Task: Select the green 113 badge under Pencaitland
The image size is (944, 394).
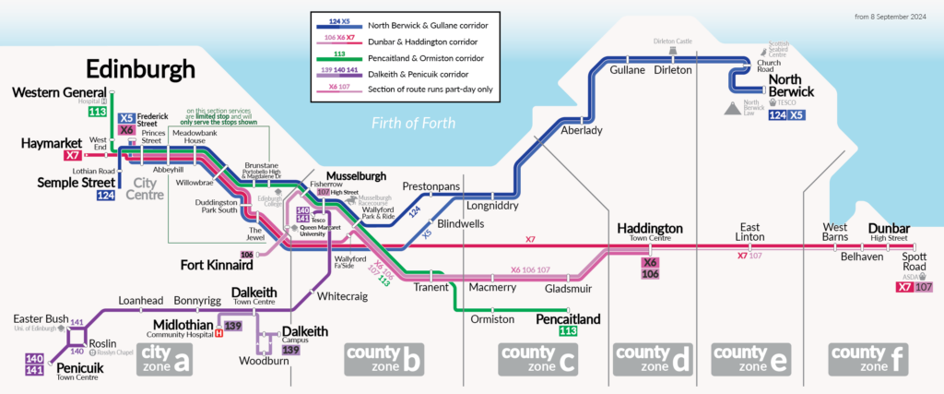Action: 568,331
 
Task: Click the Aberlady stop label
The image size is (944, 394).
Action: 582,131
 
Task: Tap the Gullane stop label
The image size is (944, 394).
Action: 627,70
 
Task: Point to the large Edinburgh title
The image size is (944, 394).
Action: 140,69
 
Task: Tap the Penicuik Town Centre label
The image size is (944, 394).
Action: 77,371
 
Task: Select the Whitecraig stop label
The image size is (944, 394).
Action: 341,297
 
